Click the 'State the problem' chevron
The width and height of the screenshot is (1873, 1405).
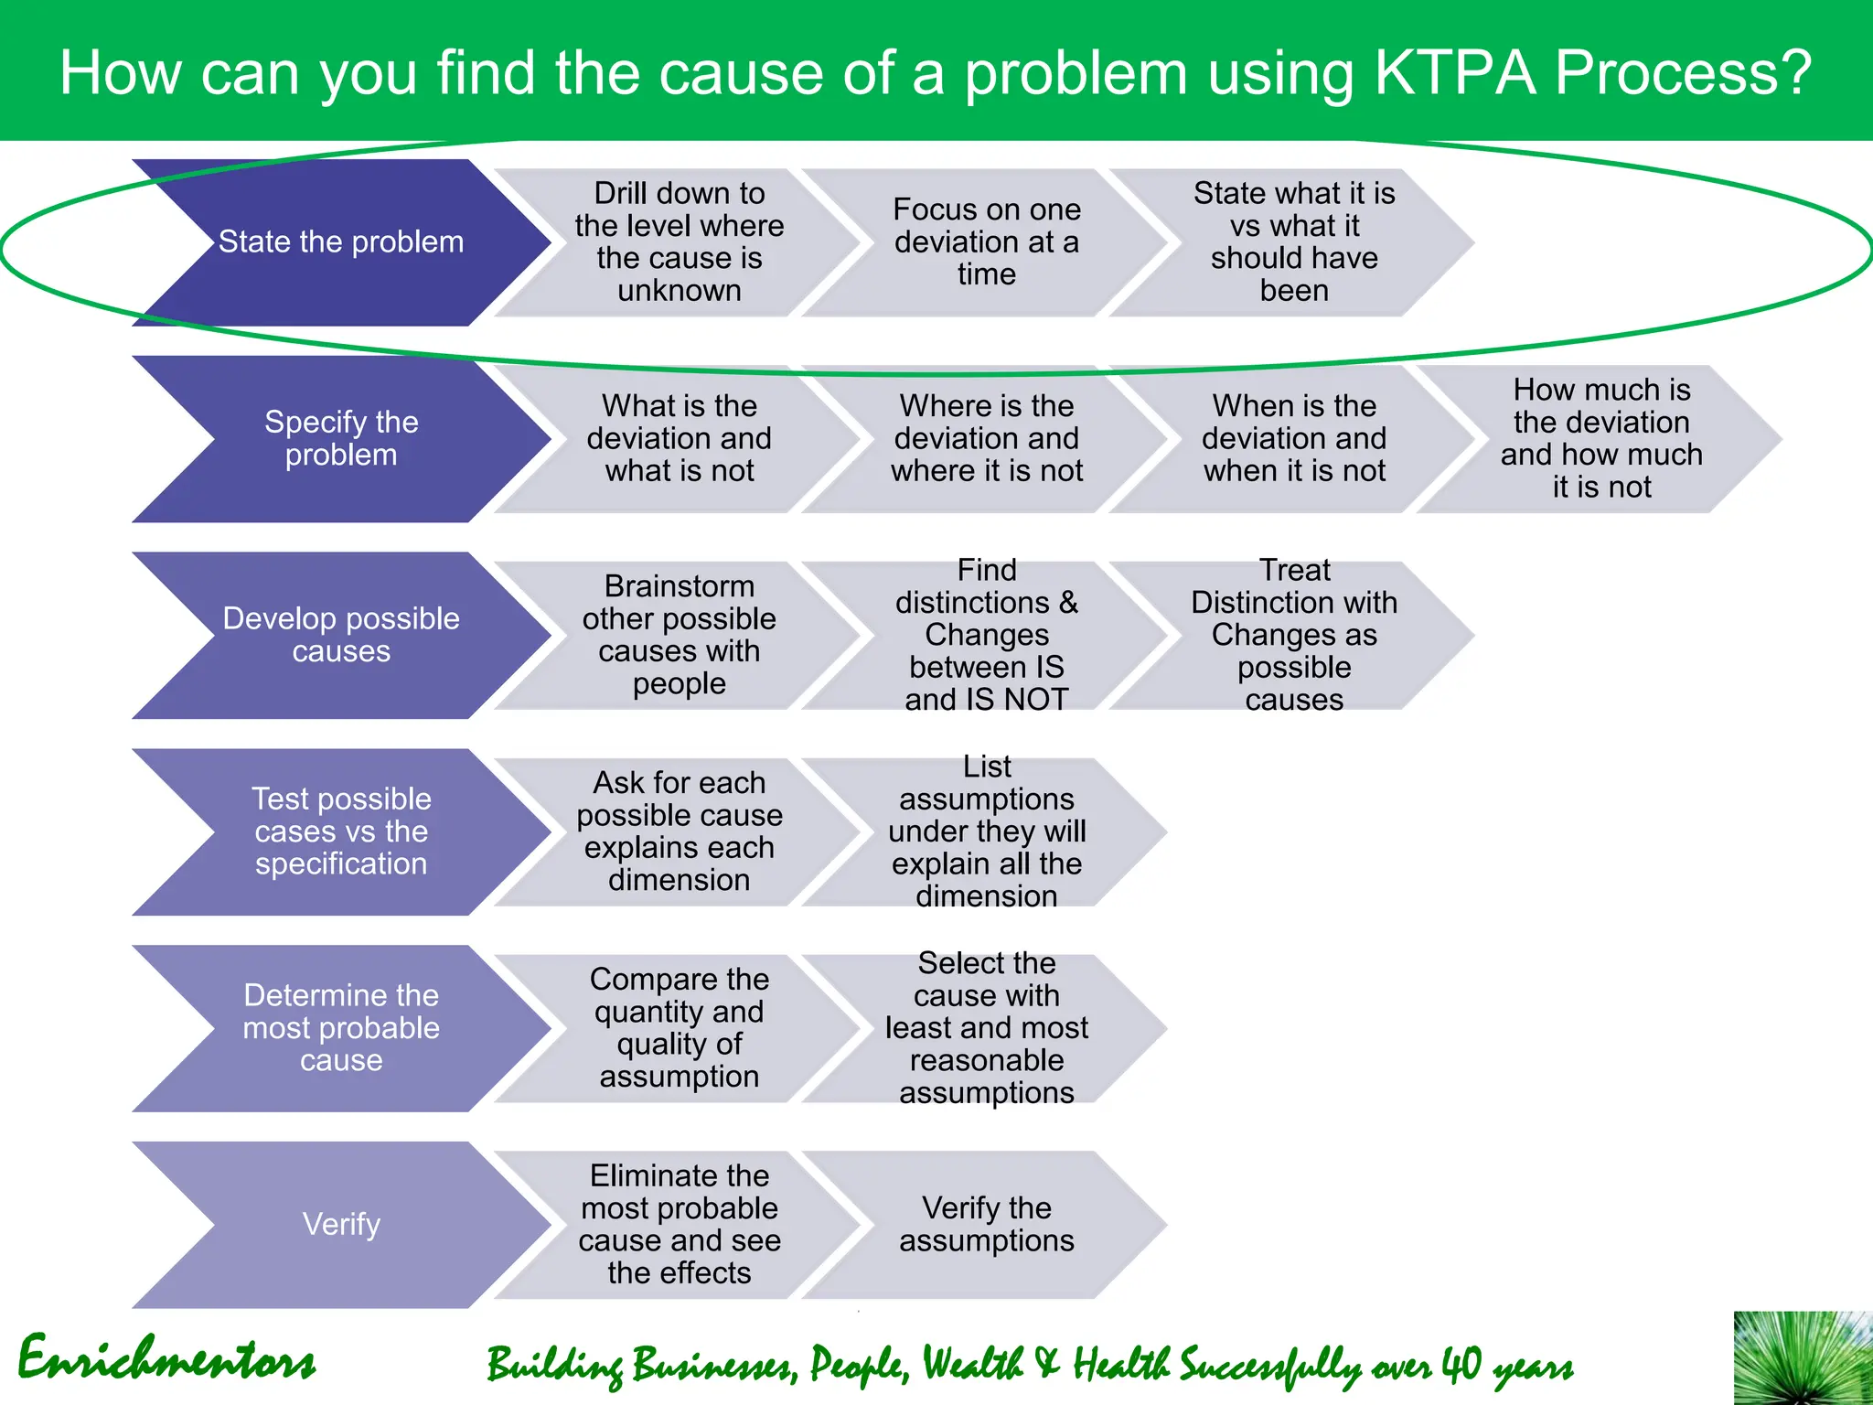(341, 242)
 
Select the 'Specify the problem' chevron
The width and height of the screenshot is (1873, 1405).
(341, 439)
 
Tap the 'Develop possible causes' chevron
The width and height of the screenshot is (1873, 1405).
(341, 635)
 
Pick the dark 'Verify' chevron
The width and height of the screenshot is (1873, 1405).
(341, 1224)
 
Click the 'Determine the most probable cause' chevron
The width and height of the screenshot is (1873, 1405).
(341, 1028)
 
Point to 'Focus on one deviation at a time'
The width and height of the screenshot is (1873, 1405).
(986, 242)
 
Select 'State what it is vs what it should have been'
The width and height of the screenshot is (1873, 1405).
(1293, 242)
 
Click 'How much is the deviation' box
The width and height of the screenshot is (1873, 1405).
(1600, 439)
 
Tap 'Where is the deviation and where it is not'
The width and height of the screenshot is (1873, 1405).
(986, 439)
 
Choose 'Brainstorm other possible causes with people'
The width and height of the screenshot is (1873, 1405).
(679, 635)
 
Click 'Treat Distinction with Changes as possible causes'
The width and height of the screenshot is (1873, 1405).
(1293, 635)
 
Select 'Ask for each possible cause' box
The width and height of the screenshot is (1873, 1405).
(679, 831)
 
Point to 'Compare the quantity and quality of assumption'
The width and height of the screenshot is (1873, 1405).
(679, 1028)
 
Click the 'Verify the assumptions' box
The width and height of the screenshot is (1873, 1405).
(986, 1224)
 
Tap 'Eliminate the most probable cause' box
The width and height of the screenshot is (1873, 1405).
(679, 1224)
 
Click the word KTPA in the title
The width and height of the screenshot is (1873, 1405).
(1454, 73)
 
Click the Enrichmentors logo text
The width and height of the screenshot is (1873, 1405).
(166, 1360)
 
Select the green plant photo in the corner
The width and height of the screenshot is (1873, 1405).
(1803, 1358)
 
